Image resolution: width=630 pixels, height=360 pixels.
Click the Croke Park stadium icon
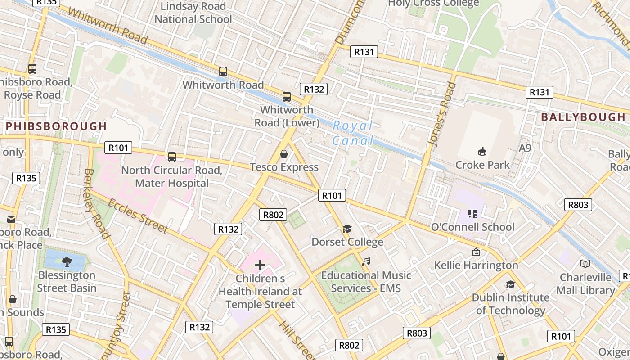(x=482, y=150)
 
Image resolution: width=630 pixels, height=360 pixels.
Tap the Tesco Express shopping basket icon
(x=284, y=154)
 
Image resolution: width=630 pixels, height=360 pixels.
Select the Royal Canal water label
(x=353, y=133)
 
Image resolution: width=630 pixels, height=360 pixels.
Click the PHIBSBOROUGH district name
(x=56, y=126)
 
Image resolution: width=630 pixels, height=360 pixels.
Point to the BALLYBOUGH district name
(x=583, y=117)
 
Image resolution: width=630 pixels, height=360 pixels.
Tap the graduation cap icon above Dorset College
(x=346, y=229)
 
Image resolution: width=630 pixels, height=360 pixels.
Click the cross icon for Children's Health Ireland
(x=260, y=265)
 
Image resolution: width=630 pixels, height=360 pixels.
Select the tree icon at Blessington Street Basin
(x=67, y=261)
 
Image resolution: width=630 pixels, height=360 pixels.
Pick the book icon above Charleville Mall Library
(x=585, y=264)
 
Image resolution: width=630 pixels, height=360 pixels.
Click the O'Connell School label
(x=472, y=227)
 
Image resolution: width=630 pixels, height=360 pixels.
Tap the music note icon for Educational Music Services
(x=366, y=262)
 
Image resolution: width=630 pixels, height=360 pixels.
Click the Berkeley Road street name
(x=97, y=203)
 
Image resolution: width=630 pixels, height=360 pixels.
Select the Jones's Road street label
(x=439, y=115)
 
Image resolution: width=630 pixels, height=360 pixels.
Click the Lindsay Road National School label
(x=193, y=13)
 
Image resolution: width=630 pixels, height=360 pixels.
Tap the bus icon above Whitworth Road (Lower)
(x=286, y=97)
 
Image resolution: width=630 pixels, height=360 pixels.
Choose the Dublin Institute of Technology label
(x=510, y=304)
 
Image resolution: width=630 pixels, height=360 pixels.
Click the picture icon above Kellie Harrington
(x=476, y=252)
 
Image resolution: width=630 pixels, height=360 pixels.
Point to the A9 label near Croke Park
(x=525, y=148)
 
